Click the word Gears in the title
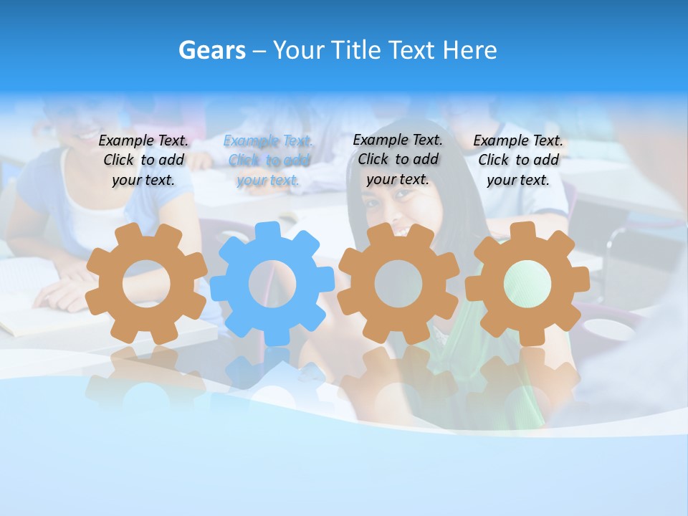(x=212, y=51)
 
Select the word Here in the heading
(x=469, y=51)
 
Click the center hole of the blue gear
(x=272, y=284)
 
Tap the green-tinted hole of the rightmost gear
(x=527, y=283)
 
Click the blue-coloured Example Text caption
(x=268, y=161)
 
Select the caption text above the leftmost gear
(x=143, y=161)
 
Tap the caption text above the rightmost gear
(x=518, y=161)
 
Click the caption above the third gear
(x=398, y=160)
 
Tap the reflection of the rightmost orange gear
(x=527, y=380)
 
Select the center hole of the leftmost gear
(x=146, y=284)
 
